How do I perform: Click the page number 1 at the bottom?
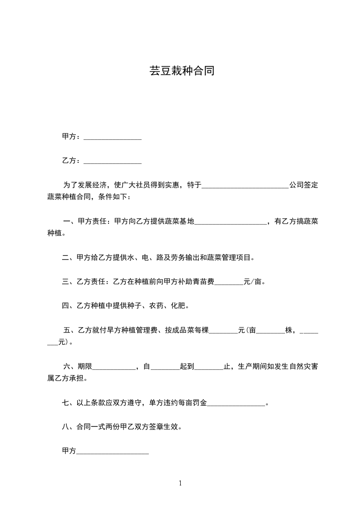tap(180, 483)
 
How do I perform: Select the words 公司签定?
tap(304, 185)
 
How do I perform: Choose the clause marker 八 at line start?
tap(65, 427)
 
